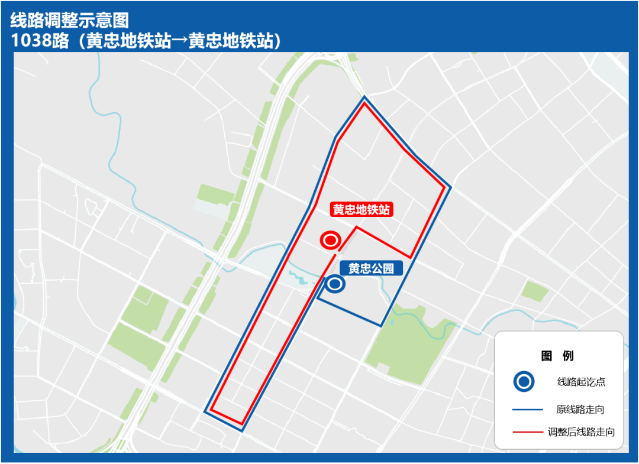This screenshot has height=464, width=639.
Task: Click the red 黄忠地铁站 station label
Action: pyautogui.click(x=362, y=210)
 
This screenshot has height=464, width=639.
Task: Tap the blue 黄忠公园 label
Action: pyautogui.click(x=371, y=268)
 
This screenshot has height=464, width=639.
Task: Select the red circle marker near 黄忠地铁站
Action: pyautogui.click(x=330, y=241)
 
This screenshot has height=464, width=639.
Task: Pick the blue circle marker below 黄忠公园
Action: pyautogui.click(x=335, y=284)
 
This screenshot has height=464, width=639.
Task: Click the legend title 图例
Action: pyautogui.click(x=557, y=356)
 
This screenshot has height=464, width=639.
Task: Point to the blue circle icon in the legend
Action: pyautogui.click(x=524, y=382)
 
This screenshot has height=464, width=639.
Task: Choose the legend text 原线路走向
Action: pyautogui.click(x=580, y=409)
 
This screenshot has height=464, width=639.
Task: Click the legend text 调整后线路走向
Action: pyautogui.click(x=581, y=432)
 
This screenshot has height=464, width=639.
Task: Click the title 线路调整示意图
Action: pyautogui.click(x=70, y=21)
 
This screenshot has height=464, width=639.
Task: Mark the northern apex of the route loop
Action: pyautogui.click(x=364, y=98)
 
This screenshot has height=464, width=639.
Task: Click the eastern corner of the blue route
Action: pyautogui.click(x=450, y=187)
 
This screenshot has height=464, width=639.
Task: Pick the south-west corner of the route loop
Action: pyautogui.click(x=205, y=411)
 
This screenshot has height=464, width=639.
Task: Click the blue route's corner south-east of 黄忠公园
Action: pyautogui.click(x=380, y=325)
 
